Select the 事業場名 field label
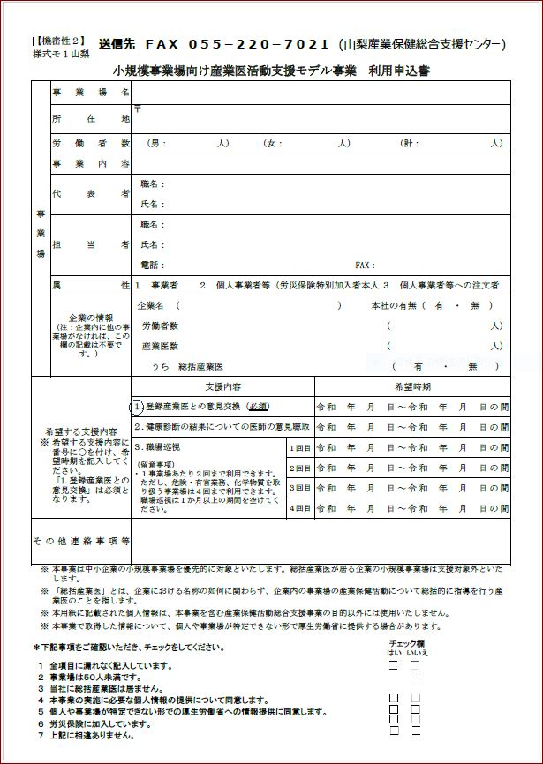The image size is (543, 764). coord(91,92)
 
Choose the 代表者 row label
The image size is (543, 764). coord(91,193)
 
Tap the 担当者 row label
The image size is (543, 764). coord(91,243)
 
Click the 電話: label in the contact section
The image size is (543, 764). coord(153,265)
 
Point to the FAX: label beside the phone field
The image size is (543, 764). coord(365,265)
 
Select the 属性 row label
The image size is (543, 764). coord(91,286)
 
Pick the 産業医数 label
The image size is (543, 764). coord(160,346)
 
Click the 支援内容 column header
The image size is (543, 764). coord(222,386)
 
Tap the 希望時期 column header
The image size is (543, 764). coord(411,386)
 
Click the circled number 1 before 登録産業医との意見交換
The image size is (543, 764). coord(137,407)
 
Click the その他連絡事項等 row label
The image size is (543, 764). coord(81,541)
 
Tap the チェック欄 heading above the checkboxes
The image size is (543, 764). coord(407,643)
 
